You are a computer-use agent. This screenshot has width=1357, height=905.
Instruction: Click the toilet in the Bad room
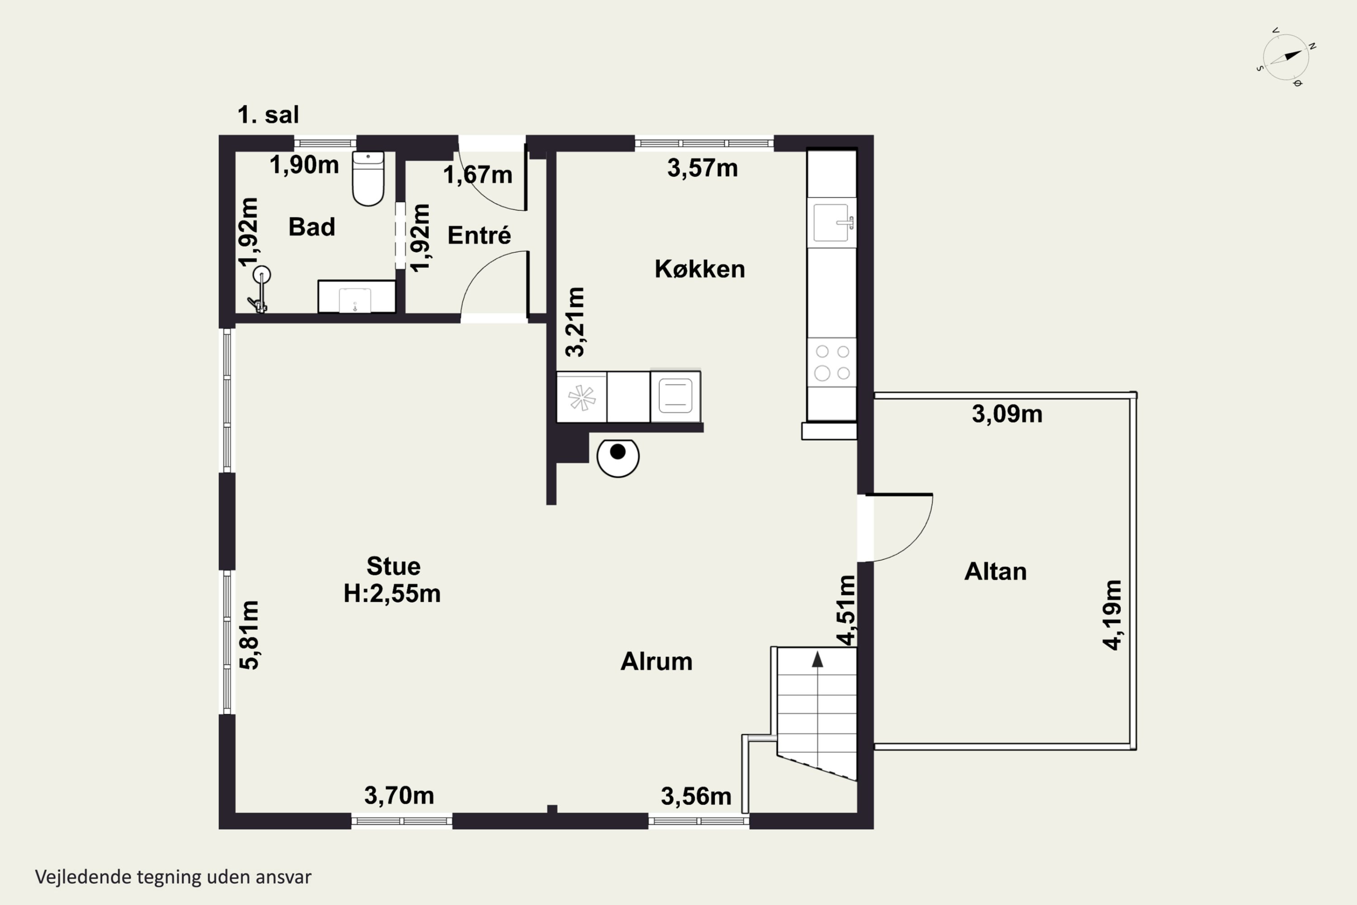pyautogui.click(x=368, y=178)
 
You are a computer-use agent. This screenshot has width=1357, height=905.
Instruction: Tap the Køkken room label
pyautogui.click(x=699, y=269)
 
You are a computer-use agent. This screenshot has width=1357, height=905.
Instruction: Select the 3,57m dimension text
pyautogui.click(x=702, y=168)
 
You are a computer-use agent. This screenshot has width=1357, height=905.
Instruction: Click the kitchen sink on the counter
pyautogui.click(x=832, y=222)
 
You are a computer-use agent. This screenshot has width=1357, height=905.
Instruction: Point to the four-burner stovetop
pyautogui.click(x=832, y=362)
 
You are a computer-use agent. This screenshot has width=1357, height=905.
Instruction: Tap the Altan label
pyautogui.click(x=995, y=572)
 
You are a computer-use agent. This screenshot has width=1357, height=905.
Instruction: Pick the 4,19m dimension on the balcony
pyautogui.click(x=1112, y=615)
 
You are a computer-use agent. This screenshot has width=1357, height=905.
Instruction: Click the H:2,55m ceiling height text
pyautogui.click(x=392, y=594)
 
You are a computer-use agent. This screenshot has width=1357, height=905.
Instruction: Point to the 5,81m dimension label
pyautogui.click(x=249, y=635)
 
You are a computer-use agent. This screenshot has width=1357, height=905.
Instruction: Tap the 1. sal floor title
pyautogui.click(x=268, y=115)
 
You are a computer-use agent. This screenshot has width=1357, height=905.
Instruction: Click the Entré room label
pyautogui.click(x=479, y=235)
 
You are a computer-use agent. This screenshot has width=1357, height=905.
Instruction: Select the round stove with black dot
pyautogui.click(x=618, y=457)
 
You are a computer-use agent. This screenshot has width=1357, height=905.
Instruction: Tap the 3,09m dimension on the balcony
pyautogui.click(x=1007, y=414)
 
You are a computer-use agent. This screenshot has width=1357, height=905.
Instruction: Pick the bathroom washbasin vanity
pyautogui.click(x=356, y=297)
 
